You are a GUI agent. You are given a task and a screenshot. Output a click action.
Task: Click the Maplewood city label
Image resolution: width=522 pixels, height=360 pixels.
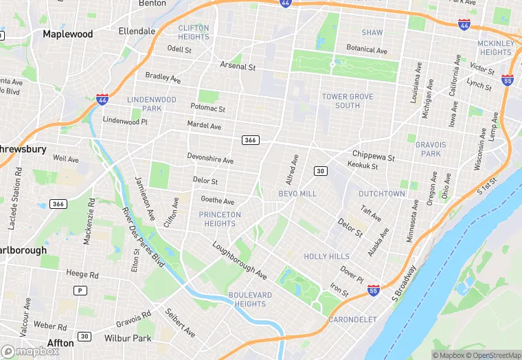pyautogui.click(x=68, y=33)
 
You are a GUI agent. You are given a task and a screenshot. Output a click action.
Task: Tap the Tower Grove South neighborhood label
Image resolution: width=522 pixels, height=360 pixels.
pyautogui.click(x=348, y=101)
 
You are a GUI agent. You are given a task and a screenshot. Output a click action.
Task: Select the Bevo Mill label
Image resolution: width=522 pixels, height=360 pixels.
pyautogui.click(x=297, y=194)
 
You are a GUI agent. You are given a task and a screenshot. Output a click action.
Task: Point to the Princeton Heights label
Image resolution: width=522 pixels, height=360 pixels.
pyautogui.click(x=220, y=219)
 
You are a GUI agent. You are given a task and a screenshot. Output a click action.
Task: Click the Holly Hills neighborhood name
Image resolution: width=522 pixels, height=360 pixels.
pyautogui.click(x=326, y=256)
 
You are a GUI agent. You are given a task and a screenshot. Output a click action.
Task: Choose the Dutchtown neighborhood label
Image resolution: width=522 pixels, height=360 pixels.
pyautogui.click(x=381, y=194)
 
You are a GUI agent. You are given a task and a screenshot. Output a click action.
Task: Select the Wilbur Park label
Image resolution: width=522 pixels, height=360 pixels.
pyautogui.click(x=128, y=339)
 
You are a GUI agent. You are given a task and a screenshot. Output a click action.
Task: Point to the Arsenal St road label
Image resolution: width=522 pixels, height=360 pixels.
pyautogui.click(x=238, y=67)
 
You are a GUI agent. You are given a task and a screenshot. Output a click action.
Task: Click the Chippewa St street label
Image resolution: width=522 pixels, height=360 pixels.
pyautogui.click(x=374, y=156)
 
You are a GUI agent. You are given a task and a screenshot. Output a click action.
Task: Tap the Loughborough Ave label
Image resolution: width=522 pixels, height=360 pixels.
pyautogui.click(x=239, y=260)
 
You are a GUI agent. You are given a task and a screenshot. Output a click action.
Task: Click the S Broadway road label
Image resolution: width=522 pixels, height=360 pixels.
pyautogui.click(x=405, y=282)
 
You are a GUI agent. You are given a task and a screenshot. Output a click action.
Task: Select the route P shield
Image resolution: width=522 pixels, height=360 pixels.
pyautogui.click(x=81, y=291)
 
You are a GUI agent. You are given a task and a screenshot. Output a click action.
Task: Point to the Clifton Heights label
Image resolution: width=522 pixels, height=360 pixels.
pyautogui.click(x=193, y=32)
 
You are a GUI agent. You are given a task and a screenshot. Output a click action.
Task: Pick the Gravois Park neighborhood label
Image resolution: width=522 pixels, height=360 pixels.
pyautogui.click(x=431, y=149)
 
